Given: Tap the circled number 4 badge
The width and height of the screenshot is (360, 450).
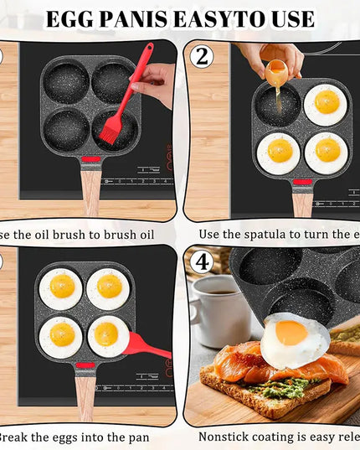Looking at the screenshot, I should [x=201, y=262].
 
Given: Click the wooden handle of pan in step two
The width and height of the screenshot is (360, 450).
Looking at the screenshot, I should [x=302, y=200].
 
